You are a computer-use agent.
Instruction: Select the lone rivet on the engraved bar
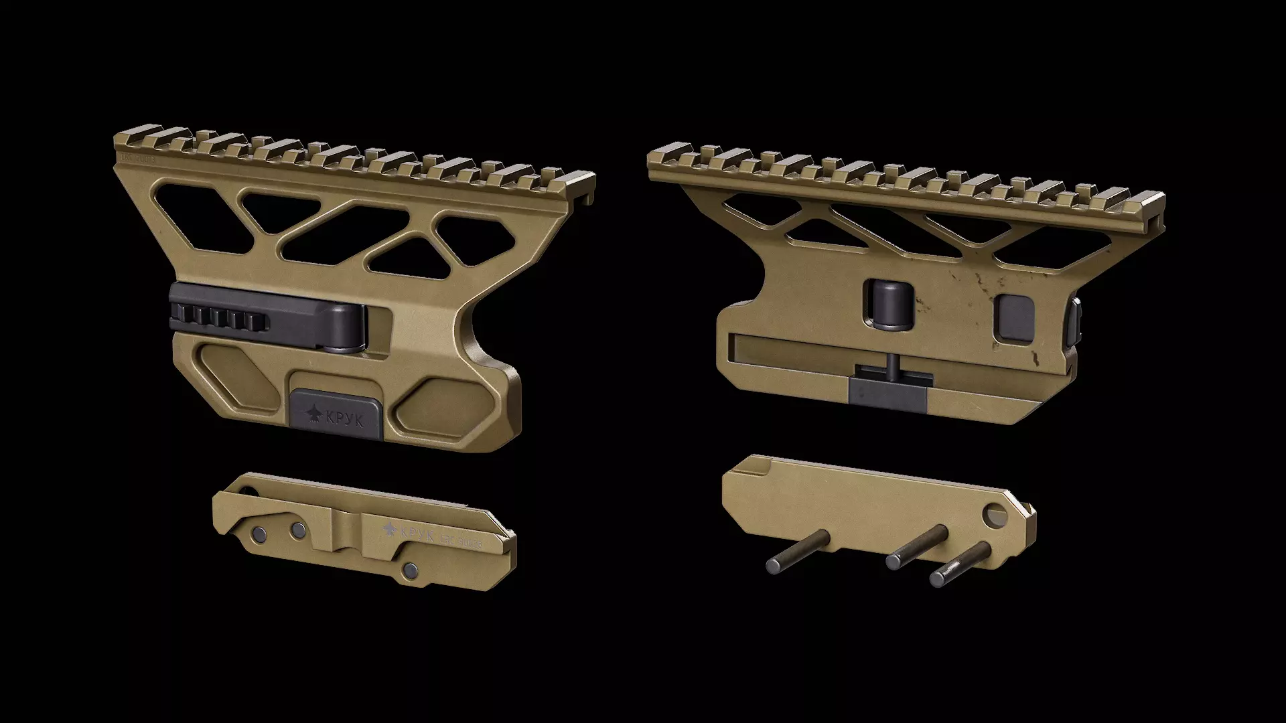coord(410,570)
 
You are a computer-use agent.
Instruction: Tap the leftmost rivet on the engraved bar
coord(259,534)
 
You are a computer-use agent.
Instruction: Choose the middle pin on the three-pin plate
coord(915,546)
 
